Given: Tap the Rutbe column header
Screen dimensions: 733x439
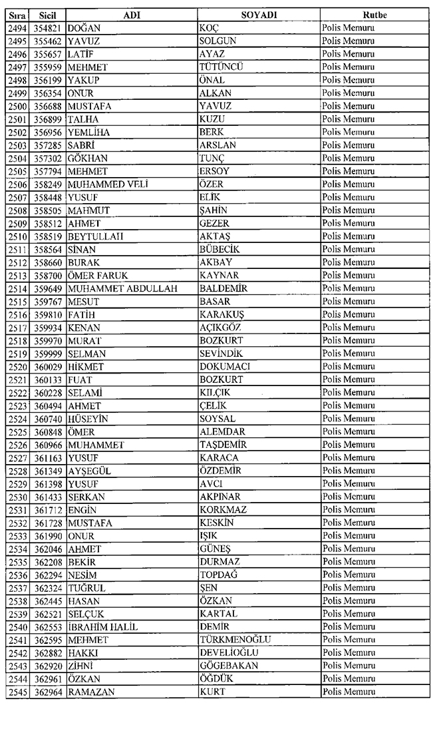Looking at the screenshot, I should tap(375, 15).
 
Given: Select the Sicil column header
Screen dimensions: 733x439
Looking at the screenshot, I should tap(47, 15).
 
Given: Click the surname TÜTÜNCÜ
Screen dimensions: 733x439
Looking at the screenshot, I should tap(221, 67).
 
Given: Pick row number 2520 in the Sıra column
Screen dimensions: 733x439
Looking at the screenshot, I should tap(16, 366).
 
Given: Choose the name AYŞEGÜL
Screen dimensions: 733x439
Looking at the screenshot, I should tap(92, 471).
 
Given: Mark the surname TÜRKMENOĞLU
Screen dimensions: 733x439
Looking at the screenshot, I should tap(235, 640).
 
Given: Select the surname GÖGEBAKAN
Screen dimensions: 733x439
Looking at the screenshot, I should tap(229, 666).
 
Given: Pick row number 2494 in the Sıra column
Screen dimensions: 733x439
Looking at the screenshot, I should tap(16, 28).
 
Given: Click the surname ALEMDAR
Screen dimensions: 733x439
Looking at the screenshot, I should tap(222, 431).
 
